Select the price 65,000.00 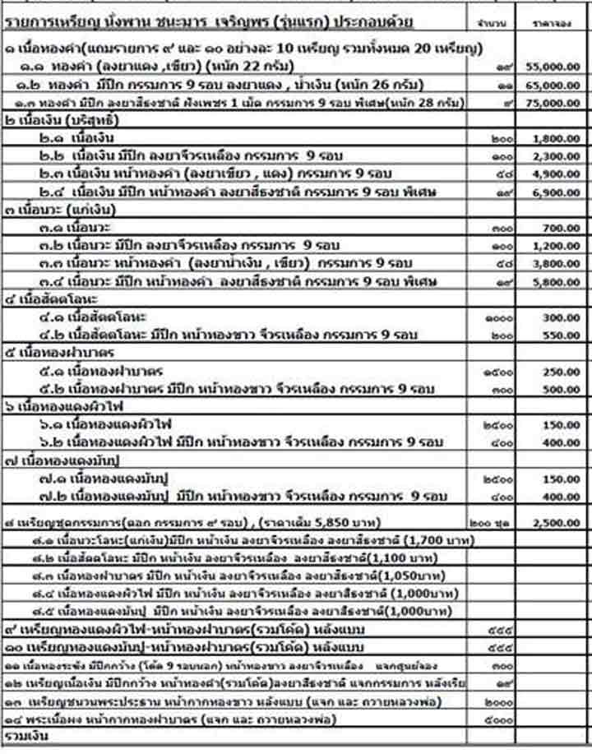click(556, 85)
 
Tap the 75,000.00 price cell click(556, 103)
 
